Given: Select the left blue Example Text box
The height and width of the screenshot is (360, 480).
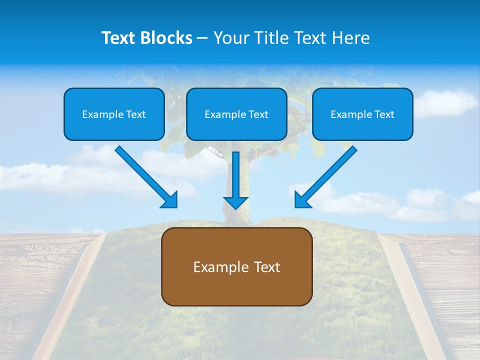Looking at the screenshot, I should tap(114, 114).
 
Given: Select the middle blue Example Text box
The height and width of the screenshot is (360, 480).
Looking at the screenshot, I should tap(236, 114).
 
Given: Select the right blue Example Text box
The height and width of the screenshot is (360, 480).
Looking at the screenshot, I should tap(362, 114).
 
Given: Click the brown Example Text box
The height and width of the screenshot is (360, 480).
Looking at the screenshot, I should tap(236, 266).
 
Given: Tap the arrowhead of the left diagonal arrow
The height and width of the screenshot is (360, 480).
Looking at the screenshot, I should tap(170, 200).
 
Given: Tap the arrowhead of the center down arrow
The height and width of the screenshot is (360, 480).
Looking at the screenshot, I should tap(236, 202).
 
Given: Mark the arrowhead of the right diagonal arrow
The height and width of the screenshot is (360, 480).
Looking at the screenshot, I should tap(302, 200).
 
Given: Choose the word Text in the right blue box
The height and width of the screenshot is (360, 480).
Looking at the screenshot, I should tap(383, 114).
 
